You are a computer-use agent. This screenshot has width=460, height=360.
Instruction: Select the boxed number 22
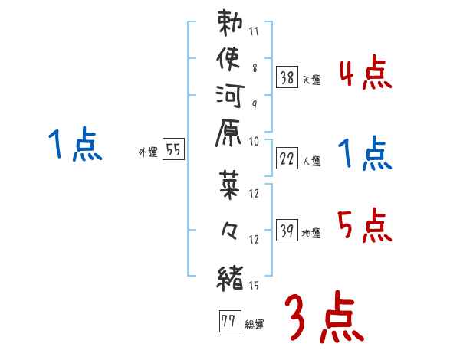287,159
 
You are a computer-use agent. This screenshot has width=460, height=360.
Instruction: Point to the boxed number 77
228,321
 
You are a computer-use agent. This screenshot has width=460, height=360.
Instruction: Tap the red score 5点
365,227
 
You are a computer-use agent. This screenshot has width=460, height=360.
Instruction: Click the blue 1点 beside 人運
365,155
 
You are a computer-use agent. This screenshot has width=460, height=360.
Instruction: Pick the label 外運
147,152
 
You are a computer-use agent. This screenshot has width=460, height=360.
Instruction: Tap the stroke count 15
254,286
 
